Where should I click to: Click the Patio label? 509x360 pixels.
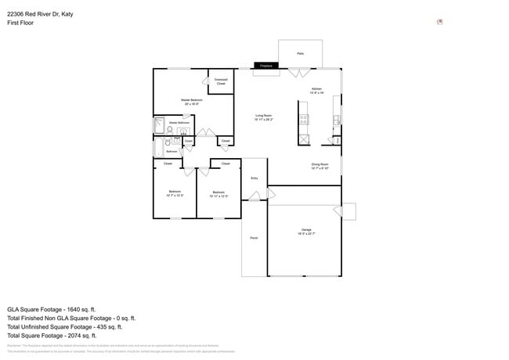click(300, 53)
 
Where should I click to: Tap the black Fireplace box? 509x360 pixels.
click(265, 66)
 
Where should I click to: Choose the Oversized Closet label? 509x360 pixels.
click(221, 81)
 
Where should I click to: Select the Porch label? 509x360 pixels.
click(254, 237)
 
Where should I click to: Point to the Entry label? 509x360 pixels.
click(254, 178)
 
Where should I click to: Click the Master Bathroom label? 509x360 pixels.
click(179, 123)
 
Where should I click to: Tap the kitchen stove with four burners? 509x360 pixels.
click(303, 119)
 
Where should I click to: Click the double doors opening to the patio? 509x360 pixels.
click(298, 73)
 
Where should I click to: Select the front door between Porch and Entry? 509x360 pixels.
click(254, 199)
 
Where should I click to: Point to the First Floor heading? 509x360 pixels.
click(20, 23)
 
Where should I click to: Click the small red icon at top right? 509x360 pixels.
click(440, 22)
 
